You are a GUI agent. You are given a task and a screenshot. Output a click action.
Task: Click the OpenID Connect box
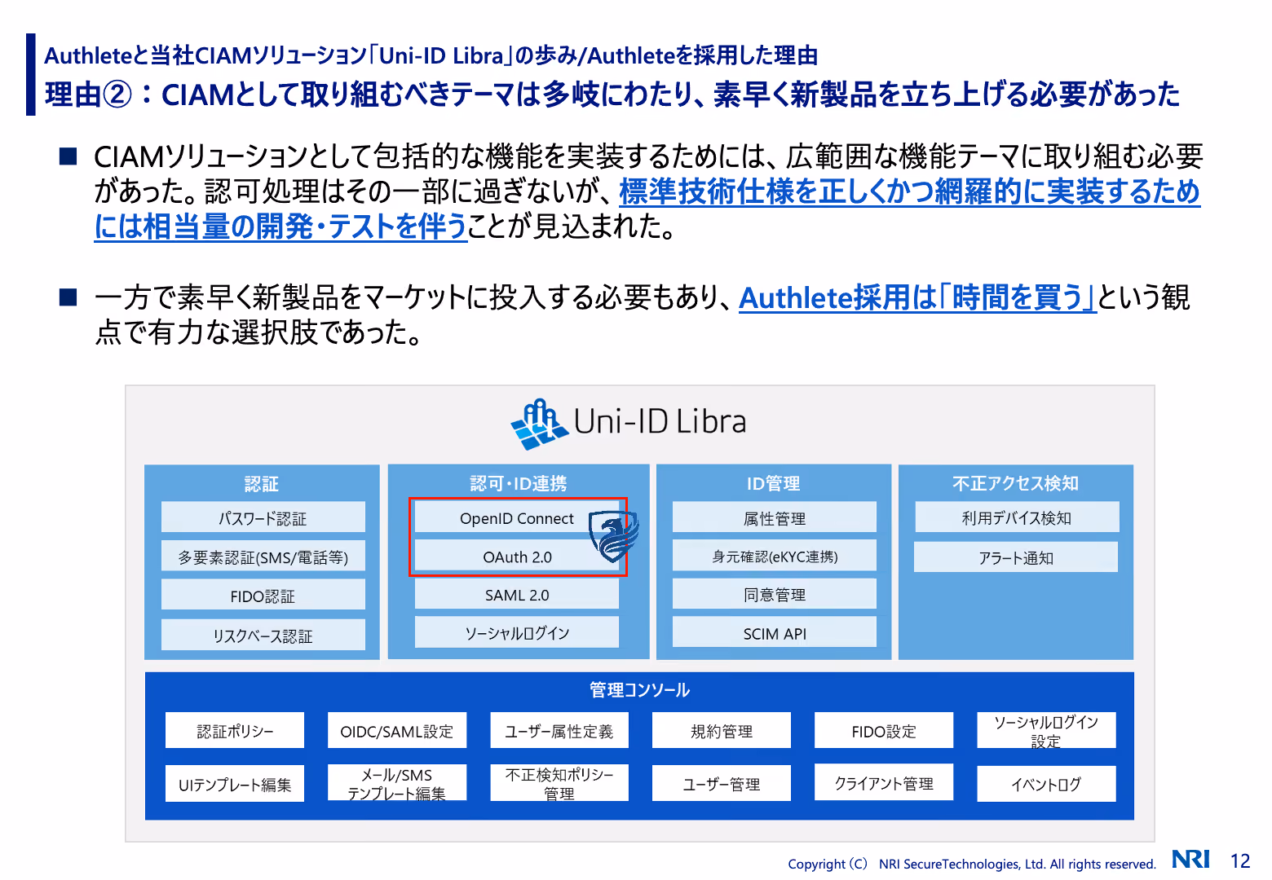[x=516, y=518]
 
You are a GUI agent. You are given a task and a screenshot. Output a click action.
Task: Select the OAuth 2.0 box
[x=516, y=557]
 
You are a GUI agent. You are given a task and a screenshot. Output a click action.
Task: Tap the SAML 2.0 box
[x=516, y=595]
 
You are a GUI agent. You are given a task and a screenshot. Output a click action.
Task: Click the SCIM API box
[x=774, y=633]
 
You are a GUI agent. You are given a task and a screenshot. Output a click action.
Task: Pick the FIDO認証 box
[x=263, y=596]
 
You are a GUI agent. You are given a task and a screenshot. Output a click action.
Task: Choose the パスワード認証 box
[x=263, y=517]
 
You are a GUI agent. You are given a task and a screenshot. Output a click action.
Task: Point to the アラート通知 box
[x=1016, y=557]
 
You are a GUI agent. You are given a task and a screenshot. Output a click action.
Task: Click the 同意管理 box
[x=774, y=594]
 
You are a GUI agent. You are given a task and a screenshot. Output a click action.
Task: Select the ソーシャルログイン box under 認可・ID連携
[x=516, y=632]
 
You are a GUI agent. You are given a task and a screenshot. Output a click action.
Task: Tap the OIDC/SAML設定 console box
[x=397, y=731]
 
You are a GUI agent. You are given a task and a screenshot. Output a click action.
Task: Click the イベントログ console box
[x=1046, y=784]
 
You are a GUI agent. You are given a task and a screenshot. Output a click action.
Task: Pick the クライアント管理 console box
[x=884, y=783]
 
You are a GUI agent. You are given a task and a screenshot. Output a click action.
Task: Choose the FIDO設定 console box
[x=884, y=731]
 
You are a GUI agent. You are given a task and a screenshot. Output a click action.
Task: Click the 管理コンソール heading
[x=639, y=690]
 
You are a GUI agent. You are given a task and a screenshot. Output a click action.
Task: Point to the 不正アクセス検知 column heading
[x=1015, y=483]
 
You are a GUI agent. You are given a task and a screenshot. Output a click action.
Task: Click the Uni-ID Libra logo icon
[x=539, y=424]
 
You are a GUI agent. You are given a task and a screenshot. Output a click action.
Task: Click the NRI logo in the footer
[x=1190, y=859]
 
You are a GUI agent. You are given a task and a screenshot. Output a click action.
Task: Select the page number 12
[x=1240, y=860]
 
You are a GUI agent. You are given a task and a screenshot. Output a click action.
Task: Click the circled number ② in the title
[x=117, y=95]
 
